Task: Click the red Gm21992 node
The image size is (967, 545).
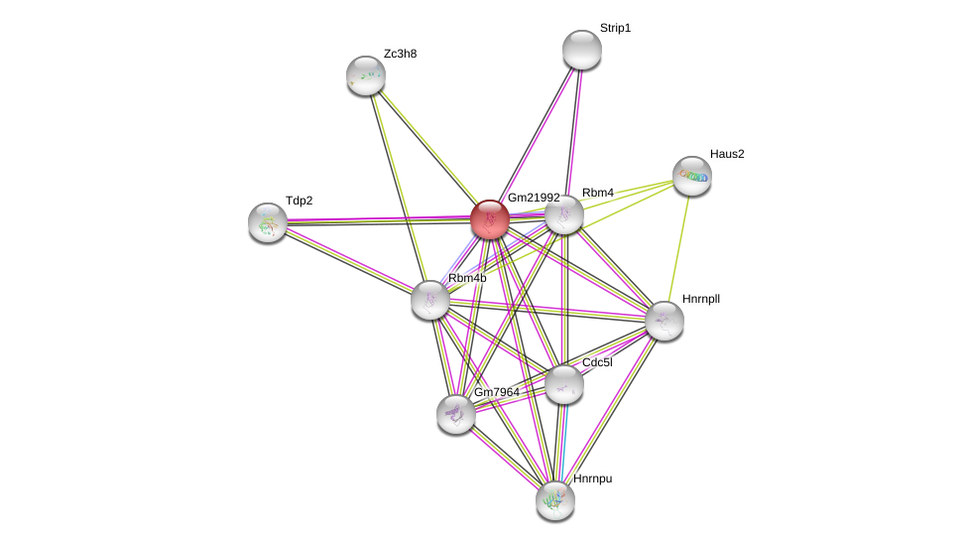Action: click(x=489, y=219)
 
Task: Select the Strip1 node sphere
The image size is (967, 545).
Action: click(x=581, y=50)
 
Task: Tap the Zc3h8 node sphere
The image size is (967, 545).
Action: click(x=365, y=75)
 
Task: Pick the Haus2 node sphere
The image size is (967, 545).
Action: click(x=691, y=176)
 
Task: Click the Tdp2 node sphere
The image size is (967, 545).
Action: click(x=267, y=222)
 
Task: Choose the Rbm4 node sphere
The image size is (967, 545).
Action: click(x=564, y=214)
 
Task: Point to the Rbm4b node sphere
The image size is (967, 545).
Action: click(x=429, y=299)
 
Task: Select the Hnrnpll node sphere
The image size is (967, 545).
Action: click(x=664, y=321)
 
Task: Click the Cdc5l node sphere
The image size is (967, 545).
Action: click(x=563, y=384)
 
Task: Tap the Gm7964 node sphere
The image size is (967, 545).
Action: click(x=455, y=414)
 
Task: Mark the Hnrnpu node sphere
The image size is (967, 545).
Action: click(x=554, y=500)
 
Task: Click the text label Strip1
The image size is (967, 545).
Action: click(x=615, y=28)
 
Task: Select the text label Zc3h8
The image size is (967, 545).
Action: click(x=400, y=54)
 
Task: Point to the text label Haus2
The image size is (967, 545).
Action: click(x=727, y=154)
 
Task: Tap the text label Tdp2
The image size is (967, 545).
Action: click(x=299, y=201)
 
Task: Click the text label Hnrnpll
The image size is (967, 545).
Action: click(x=700, y=298)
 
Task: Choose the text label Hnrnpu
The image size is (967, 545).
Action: click(x=592, y=478)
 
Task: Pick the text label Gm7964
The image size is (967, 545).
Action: click(x=496, y=392)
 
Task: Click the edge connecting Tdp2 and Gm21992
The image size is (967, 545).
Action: click(x=377, y=220)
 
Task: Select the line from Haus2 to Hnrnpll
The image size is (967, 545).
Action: click(x=678, y=248)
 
